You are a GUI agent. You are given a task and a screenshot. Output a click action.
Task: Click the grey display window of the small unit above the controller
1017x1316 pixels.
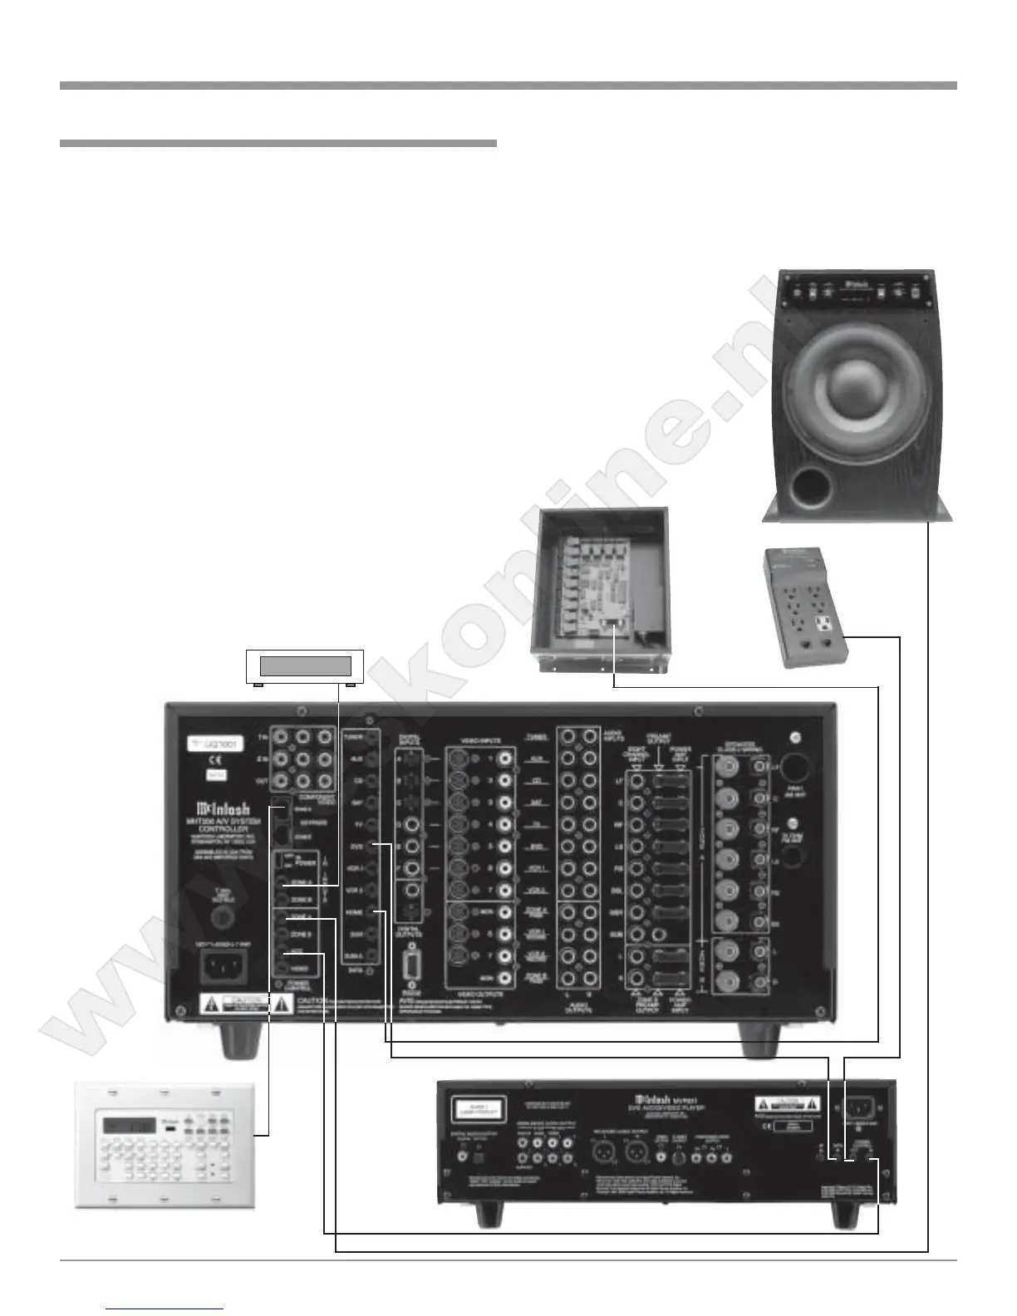[305, 665]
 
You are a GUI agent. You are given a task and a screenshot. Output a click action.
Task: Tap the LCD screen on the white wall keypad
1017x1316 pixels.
[129, 1126]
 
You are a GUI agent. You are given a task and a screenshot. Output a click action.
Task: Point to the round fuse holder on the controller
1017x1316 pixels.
[222, 918]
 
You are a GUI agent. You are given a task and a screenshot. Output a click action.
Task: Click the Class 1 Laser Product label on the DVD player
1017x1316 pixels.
[478, 1109]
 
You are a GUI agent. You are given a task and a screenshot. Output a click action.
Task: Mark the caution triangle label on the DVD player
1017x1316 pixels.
[787, 1106]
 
